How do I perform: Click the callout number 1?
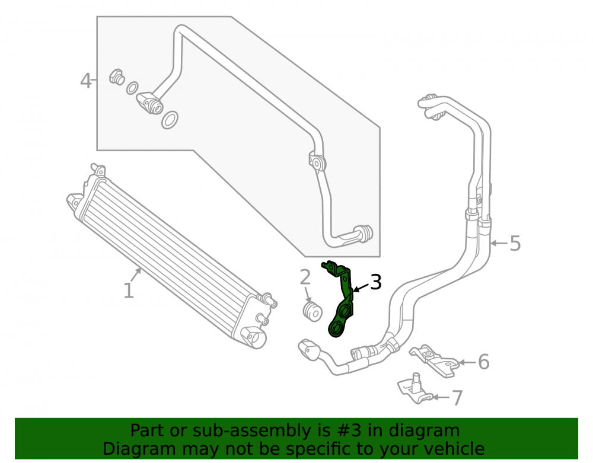click(129, 290)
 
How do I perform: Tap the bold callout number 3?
click(375, 282)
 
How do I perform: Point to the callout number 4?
click(86, 81)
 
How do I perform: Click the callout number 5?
click(515, 243)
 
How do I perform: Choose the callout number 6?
click(484, 362)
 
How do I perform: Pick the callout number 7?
click(457, 398)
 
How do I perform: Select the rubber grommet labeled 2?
click(313, 311)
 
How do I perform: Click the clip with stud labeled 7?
click(415, 389)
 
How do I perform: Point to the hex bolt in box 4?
click(117, 76)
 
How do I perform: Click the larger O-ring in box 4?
click(170, 120)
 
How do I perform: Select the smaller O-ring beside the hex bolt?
click(132, 88)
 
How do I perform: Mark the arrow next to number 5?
click(499, 243)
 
